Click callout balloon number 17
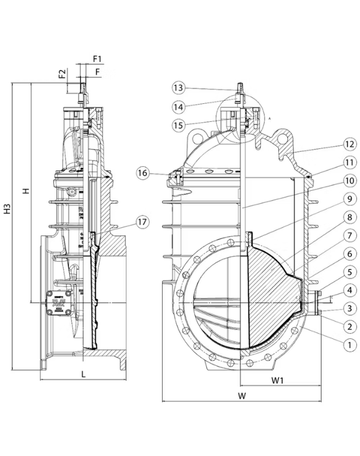coord(142,222)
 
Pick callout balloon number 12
coord(334,144)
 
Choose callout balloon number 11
coord(334,162)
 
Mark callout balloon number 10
coord(334,181)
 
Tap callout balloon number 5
coord(334,273)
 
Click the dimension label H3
coord(7,209)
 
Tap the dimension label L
coord(83,374)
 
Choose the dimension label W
coord(242,395)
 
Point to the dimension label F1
coord(97,59)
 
